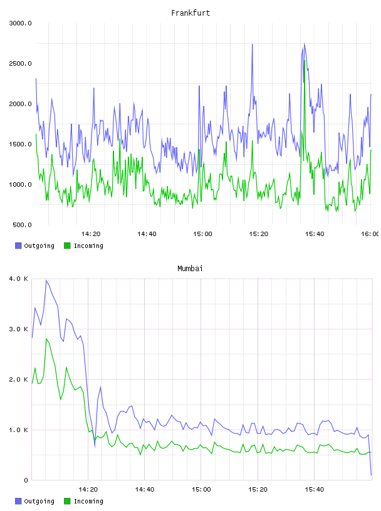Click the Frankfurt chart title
pos(190,13)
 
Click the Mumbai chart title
pos(190,268)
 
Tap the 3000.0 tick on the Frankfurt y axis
pos(20,23)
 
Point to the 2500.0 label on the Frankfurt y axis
pos(20,63)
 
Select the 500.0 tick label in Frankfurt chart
pos(22,225)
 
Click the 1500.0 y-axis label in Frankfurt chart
pos(20,144)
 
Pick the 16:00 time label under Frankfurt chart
pos(370,234)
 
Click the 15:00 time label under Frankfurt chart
pos(202,234)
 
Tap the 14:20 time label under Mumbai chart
pos(88,489)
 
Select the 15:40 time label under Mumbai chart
pos(315,489)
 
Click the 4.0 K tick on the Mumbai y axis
pos(19,279)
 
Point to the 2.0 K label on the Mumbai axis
pos(19,379)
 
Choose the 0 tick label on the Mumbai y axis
pos(26,480)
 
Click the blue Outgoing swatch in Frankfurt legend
pos(18,245)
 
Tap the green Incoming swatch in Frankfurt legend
pos(67,245)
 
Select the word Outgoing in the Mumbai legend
pos(39,501)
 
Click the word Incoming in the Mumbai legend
pos(88,501)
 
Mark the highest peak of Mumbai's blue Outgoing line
pos(46,281)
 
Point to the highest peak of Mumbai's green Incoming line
pos(46,339)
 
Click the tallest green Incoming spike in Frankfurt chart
pos(305,61)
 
